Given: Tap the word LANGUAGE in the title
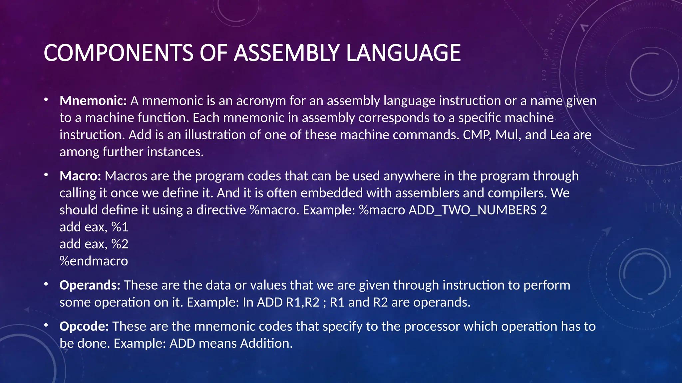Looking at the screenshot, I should [404, 53].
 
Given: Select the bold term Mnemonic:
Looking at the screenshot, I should [93, 101].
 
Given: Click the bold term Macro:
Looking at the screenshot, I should [80, 176].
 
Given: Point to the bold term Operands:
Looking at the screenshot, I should [90, 285].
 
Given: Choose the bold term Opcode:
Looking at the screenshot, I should [84, 326].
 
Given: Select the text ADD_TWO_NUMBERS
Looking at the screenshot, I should [473, 210].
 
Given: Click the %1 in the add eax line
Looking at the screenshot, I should [120, 227].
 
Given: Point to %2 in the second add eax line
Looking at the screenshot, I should [120, 244].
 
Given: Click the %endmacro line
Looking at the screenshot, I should [94, 261].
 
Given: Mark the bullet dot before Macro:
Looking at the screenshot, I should [46, 175].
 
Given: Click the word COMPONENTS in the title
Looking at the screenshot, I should [118, 53].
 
